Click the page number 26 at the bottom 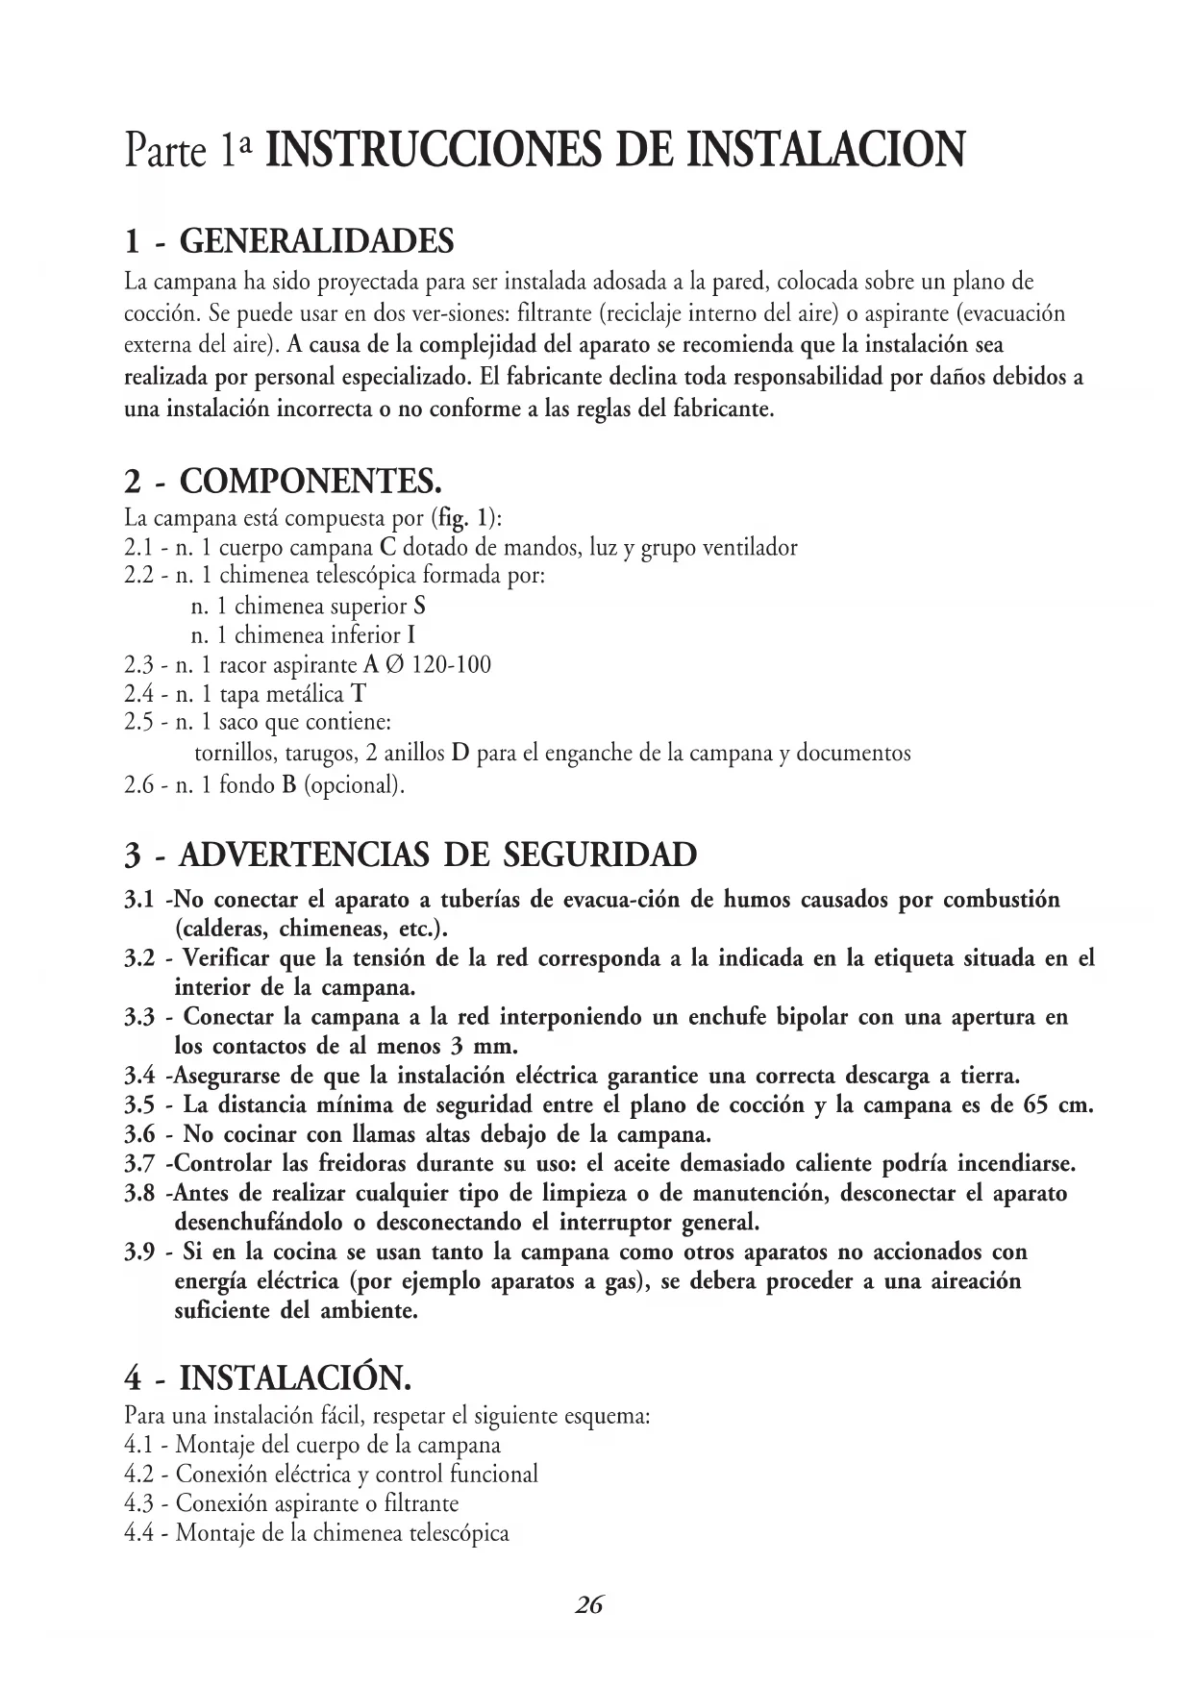[589, 1603]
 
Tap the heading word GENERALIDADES [317, 241]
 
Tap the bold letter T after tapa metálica [359, 694]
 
